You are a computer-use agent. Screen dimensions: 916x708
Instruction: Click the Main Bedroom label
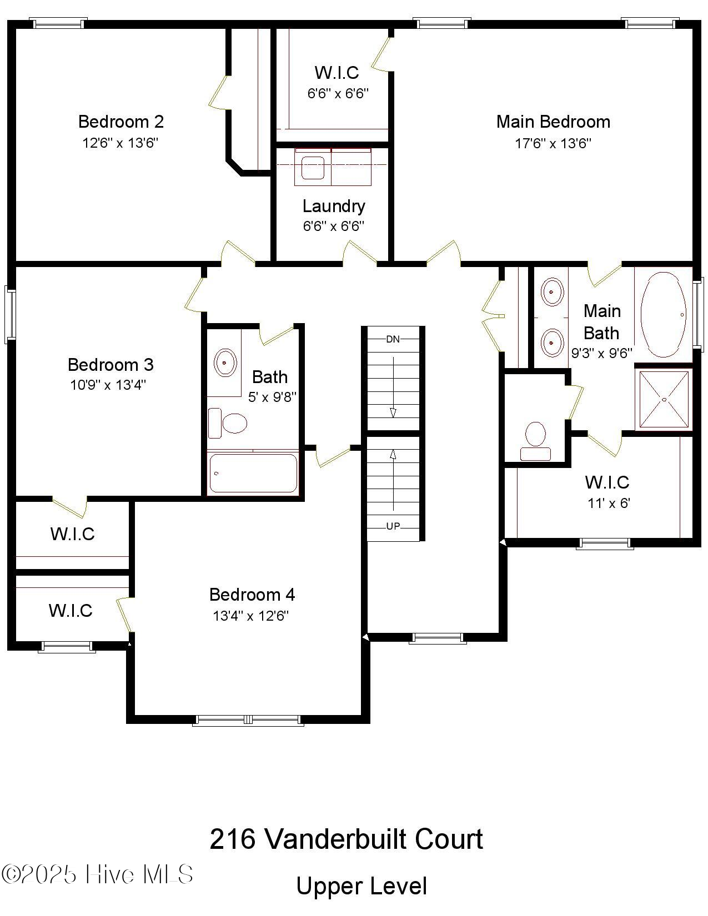pos(553,122)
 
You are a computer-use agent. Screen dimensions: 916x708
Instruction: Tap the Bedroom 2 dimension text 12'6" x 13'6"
pos(120,143)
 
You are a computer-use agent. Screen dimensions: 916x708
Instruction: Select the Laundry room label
pos(334,206)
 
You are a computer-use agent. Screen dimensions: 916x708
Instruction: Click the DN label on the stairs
pos(393,339)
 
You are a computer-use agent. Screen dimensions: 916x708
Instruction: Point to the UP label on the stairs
pos(393,526)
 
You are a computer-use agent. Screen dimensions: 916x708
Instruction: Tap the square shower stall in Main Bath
pos(664,399)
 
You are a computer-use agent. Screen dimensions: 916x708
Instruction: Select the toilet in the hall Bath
pos(228,423)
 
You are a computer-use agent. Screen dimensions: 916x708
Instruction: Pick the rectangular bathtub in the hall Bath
pos(253,473)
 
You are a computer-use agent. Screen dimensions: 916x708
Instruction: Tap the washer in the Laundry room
pos(313,168)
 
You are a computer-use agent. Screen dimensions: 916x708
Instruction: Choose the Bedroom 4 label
pos(252,595)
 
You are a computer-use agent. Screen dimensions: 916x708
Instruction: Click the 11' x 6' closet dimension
pos(609,504)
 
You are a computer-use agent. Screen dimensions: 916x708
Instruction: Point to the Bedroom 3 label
pos(111,365)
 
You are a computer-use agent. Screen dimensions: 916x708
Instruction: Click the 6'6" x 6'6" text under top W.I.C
pos(338,93)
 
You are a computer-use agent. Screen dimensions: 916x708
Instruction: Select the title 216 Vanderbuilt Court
pos(347,839)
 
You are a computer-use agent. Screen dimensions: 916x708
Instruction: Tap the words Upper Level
pos(361,886)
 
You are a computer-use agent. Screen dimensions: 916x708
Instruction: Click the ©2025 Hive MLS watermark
pos(97,874)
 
